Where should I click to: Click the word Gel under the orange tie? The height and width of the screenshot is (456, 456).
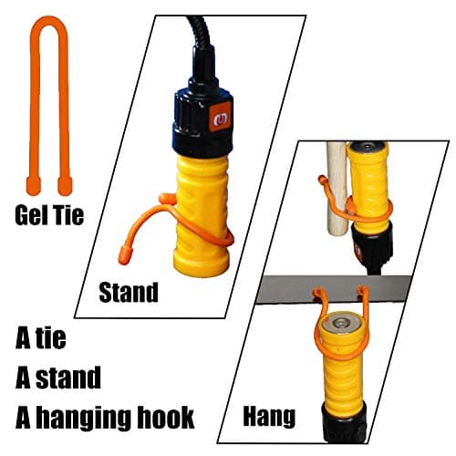click(x=31, y=215)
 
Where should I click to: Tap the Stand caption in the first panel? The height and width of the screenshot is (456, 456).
click(x=129, y=292)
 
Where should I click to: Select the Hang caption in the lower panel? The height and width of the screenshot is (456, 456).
click(x=269, y=418)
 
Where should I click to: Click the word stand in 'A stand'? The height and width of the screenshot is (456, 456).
click(x=68, y=378)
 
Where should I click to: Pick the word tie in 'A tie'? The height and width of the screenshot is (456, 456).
click(x=51, y=337)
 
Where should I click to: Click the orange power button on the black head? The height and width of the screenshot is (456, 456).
click(x=220, y=118)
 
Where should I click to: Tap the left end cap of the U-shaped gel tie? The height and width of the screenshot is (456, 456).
click(x=34, y=185)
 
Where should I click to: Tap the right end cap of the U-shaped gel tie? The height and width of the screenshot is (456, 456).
click(x=65, y=185)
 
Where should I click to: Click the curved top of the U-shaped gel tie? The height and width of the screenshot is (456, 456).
click(x=49, y=22)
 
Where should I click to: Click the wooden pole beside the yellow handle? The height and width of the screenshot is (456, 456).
click(x=337, y=190)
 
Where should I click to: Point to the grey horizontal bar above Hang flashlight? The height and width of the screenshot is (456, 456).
click(x=335, y=289)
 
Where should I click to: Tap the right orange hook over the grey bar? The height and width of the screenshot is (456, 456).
click(x=363, y=294)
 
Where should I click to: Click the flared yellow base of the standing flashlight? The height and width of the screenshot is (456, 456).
click(x=201, y=259)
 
